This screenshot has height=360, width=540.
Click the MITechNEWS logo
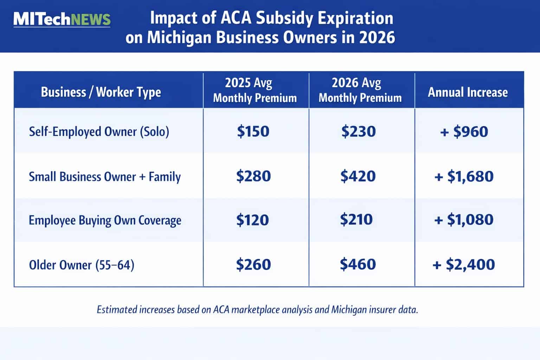point(62,19)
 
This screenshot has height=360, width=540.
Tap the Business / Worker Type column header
point(101,92)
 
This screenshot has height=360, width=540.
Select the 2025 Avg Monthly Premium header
point(255,90)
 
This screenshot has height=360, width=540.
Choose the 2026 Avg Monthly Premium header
point(360,90)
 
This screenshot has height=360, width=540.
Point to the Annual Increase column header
point(468,92)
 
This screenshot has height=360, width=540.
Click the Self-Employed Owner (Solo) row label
point(99,131)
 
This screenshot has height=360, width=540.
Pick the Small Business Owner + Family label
point(104,176)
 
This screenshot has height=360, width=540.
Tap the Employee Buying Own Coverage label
point(105,220)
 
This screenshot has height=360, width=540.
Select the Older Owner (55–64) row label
point(82,264)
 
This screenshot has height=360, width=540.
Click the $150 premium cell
point(253,131)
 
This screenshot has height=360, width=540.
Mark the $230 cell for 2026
point(359,131)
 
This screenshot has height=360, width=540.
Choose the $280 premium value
point(253,176)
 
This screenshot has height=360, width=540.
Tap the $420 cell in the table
point(358,176)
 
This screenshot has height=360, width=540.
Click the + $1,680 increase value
point(464,176)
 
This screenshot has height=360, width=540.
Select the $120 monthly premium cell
point(252,220)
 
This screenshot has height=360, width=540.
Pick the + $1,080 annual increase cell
point(464,220)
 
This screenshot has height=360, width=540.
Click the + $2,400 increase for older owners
point(464,264)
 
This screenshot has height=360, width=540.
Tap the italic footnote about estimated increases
point(257,310)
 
